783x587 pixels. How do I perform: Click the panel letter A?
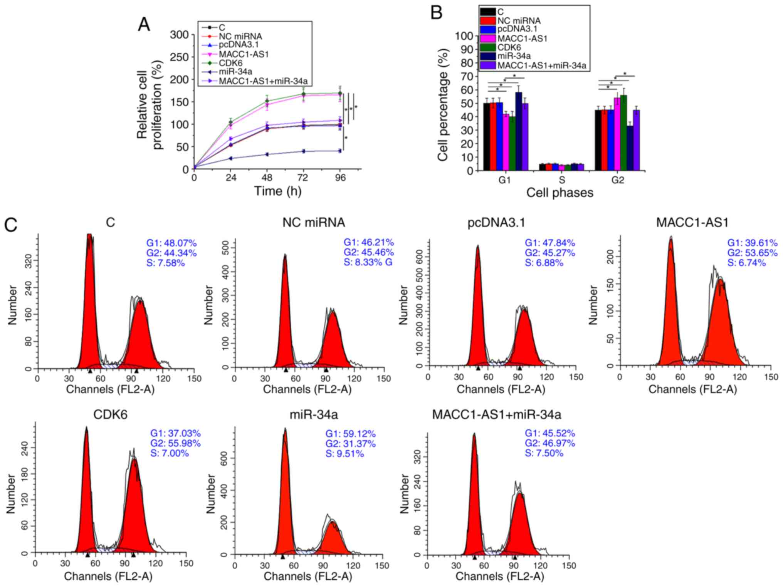[x=144, y=25]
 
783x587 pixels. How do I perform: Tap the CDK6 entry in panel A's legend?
[x=230, y=63]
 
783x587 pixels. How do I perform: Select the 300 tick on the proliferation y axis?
[x=180, y=35]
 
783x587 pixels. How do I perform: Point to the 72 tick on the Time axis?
[x=303, y=178]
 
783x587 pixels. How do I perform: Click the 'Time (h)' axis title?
[x=277, y=191]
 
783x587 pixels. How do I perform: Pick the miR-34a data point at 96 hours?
[x=339, y=151]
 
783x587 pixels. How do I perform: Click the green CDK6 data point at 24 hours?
[x=231, y=122]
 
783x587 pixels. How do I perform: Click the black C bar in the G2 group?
[x=598, y=140]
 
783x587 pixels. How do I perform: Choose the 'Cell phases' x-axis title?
[x=560, y=193]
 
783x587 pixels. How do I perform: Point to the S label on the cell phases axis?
[x=562, y=180]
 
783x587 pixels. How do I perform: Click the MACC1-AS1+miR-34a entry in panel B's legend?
[x=541, y=66]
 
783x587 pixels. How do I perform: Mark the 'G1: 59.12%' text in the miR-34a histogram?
[x=350, y=434]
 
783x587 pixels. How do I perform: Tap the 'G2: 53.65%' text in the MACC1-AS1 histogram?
[x=752, y=253]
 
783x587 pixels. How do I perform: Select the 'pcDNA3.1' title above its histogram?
[x=496, y=223]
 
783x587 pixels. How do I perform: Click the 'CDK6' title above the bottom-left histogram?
[x=110, y=414]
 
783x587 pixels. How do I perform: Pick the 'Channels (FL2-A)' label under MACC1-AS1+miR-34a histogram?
[x=499, y=576]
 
